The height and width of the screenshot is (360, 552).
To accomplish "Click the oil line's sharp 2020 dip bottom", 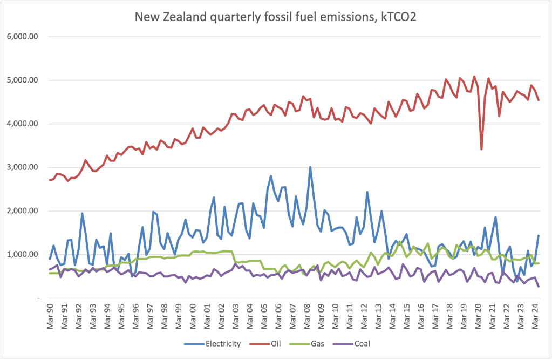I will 481,149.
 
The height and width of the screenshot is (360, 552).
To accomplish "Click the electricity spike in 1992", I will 82,213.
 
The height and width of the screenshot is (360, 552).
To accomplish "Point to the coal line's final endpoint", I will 539,286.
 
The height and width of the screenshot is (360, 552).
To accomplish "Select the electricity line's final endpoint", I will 539,236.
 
